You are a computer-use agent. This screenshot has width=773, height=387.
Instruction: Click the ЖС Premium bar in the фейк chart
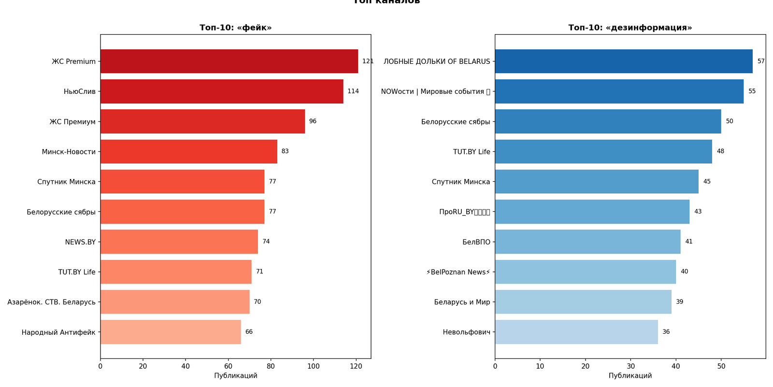coord(229,61)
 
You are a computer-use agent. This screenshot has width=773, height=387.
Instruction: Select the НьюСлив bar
coord(222,91)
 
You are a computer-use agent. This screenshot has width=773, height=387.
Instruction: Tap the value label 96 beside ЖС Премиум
coord(313,121)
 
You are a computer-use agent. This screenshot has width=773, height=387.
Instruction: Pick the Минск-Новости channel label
coord(69,152)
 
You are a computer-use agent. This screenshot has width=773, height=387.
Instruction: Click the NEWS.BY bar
coord(179,242)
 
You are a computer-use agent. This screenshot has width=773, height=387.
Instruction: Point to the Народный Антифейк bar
coord(171,332)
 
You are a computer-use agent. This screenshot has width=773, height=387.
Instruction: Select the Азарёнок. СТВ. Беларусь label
coord(52,302)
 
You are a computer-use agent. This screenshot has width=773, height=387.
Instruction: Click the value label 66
coord(249,332)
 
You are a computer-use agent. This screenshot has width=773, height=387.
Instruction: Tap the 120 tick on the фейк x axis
coord(356,366)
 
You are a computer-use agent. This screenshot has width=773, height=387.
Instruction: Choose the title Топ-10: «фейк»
coord(235,28)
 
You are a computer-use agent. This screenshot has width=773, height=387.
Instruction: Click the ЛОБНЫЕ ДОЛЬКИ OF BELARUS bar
coord(623,61)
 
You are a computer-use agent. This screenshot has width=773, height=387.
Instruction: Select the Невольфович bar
coord(576,332)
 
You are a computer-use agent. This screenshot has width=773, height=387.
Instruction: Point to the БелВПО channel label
coord(476,242)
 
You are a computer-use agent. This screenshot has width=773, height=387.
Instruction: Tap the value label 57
coord(761,61)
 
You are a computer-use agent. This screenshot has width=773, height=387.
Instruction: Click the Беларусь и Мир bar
coord(583,302)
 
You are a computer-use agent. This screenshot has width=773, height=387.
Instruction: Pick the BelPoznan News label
coord(458,272)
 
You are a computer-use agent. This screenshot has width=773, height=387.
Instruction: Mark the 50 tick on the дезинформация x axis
coord(721,366)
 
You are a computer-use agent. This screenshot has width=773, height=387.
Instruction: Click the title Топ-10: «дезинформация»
coord(630,28)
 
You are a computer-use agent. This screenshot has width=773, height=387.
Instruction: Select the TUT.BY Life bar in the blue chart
coord(603,152)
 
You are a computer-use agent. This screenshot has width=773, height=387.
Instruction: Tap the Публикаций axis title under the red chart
coord(235,376)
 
